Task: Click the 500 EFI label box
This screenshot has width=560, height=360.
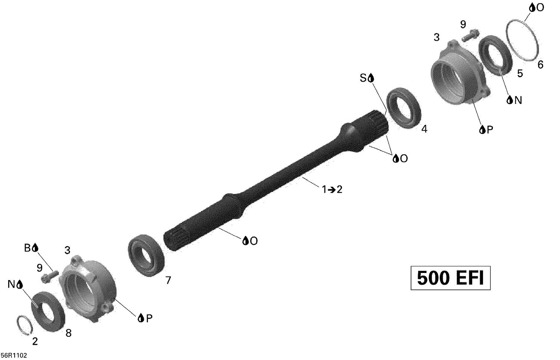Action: coord(450,278)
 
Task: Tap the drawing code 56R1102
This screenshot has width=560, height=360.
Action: coord(14,355)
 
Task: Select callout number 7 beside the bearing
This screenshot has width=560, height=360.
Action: coord(168,280)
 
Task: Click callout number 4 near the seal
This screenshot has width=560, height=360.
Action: coord(424,129)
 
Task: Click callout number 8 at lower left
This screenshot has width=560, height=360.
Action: coord(68,333)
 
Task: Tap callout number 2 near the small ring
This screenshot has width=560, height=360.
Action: coord(35,341)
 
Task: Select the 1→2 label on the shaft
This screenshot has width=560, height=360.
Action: coord(332,190)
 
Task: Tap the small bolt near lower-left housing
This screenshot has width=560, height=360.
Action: coord(49,276)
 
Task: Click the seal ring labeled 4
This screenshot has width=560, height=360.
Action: coord(404,108)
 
